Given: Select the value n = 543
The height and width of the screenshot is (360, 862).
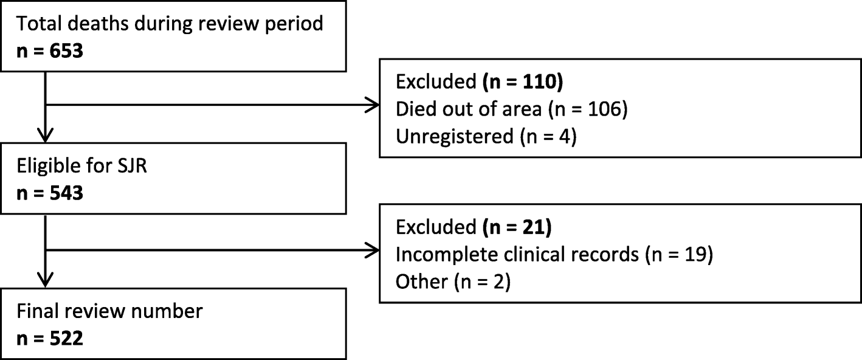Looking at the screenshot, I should (50, 195).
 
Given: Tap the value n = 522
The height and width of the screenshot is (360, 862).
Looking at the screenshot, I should (50, 338).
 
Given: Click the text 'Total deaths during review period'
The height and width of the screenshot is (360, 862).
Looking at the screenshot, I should (170, 24).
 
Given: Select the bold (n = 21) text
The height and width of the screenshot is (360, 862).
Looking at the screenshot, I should (517, 227).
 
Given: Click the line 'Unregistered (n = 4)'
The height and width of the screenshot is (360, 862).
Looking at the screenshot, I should (486, 136).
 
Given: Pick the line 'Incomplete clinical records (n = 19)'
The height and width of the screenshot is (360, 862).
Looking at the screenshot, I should (553, 254).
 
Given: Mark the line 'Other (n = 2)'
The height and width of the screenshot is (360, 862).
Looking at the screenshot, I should (452, 281).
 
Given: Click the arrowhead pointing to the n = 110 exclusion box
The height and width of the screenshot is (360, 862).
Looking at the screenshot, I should (371, 105).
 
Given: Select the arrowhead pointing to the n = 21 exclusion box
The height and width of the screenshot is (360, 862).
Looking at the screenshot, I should (371, 249).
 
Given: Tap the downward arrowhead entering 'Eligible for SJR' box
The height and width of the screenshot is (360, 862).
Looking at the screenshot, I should (46, 135).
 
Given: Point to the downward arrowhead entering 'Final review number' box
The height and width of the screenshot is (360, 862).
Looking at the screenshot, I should (46, 279).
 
